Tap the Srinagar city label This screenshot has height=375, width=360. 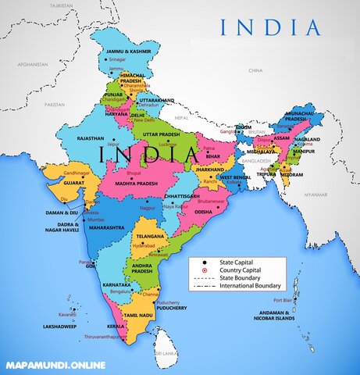116,59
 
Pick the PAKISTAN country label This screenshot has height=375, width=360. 54,104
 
